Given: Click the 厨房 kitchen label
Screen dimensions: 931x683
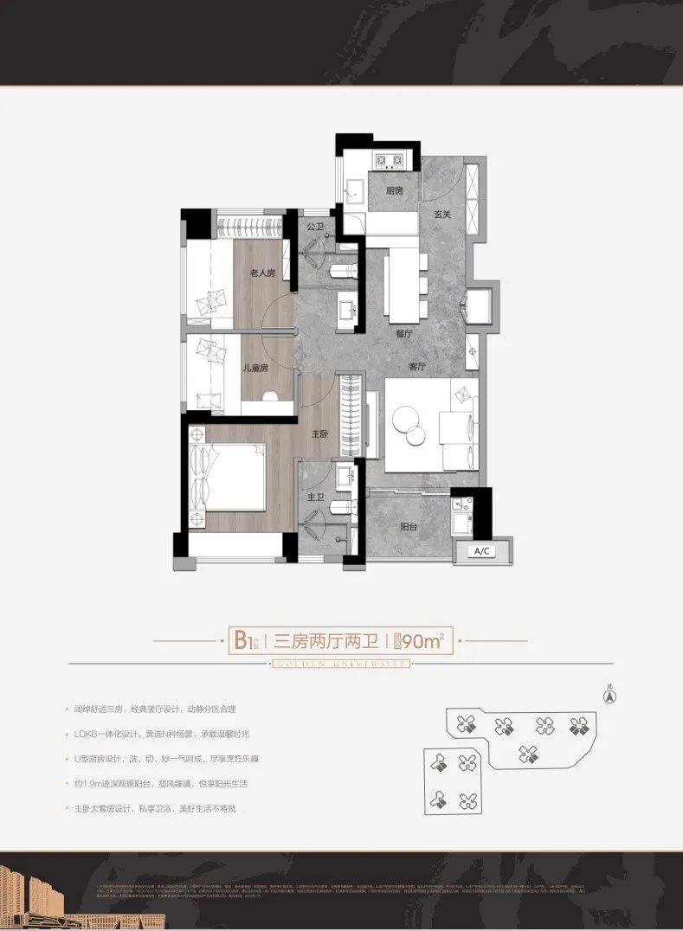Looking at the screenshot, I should (x=394, y=190).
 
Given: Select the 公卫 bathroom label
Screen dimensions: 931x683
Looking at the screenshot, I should (x=314, y=228).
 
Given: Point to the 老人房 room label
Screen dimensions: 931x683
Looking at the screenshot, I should (x=262, y=273).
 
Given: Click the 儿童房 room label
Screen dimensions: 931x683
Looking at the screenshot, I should (x=255, y=368).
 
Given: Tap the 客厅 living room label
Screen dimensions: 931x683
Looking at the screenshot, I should (x=417, y=366).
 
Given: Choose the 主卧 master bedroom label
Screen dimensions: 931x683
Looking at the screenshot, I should (x=319, y=435).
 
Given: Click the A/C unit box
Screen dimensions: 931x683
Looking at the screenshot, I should (x=481, y=551).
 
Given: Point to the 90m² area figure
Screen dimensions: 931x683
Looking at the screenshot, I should (x=422, y=641).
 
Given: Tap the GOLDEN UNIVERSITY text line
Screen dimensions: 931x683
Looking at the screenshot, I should (x=340, y=664).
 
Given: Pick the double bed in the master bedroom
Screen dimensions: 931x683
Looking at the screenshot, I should (x=229, y=477).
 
